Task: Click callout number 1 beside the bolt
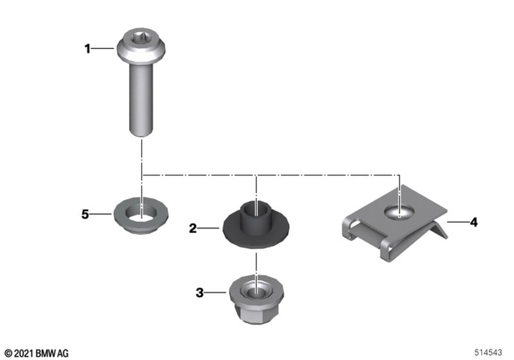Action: pos(88,50)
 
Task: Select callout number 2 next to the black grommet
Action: pos(193,228)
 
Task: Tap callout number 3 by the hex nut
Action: pos(199,292)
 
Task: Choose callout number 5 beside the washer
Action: pos(84,215)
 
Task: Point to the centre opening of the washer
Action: pos(141,213)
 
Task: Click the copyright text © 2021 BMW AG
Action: pos(37,352)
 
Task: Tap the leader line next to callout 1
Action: pos(104,50)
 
